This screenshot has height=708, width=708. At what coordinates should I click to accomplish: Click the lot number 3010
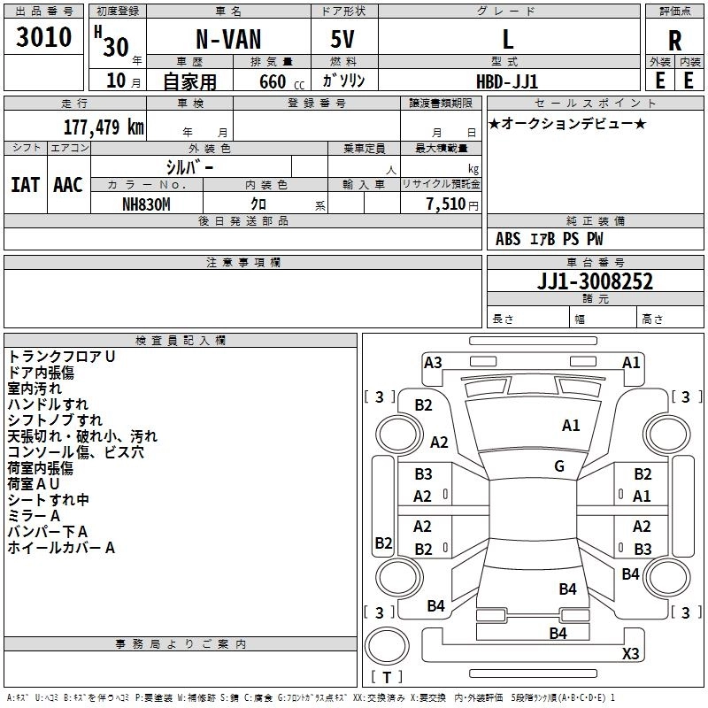[44, 37]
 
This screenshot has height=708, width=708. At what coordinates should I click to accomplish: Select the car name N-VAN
[227, 40]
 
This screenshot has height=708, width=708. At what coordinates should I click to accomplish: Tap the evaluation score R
[674, 40]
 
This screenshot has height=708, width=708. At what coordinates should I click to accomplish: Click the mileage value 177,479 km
[104, 127]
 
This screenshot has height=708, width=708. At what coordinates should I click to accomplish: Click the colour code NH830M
[146, 204]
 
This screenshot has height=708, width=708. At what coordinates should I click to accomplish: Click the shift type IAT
[25, 185]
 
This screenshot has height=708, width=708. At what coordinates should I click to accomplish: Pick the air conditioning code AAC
[67, 185]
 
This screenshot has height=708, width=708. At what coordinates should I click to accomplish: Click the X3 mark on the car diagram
[630, 654]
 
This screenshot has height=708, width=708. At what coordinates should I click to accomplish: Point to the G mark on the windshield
[559, 466]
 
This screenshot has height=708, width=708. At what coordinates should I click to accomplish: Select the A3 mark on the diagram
[433, 362]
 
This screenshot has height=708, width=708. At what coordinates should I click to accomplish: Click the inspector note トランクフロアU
[62, 357]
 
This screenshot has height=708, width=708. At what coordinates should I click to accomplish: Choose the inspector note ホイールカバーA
[62, 548]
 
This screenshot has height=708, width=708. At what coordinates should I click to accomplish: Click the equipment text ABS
[508, 239]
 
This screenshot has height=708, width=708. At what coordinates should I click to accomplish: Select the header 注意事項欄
[243, 263]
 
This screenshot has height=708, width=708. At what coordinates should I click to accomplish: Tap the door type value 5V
[344, 40]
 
